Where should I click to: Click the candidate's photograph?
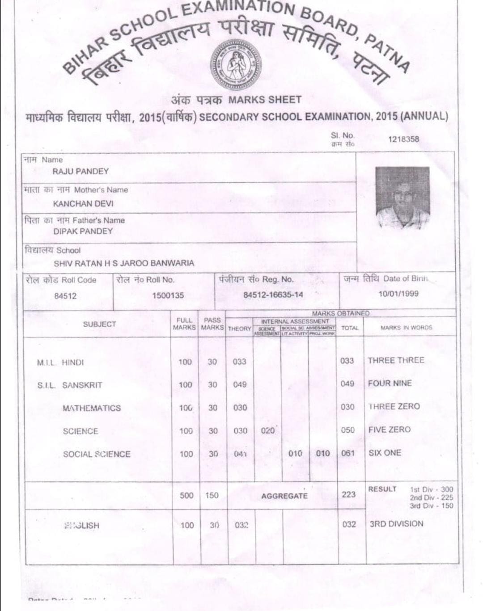[402, 198]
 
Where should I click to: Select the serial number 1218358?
[403, 139]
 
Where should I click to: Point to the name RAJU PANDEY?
[80, 171]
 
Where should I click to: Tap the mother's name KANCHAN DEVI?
[83, 203]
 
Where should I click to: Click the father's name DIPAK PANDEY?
[83, 231]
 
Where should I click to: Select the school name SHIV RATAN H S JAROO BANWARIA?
[124, 263]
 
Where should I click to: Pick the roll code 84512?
[65, 296]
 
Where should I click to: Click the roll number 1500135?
[168, 295]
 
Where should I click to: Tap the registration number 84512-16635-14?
[273, 295]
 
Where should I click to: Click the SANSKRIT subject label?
[82, 385]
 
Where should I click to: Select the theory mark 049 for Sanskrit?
[240, 384]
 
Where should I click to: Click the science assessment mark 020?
[267, 430]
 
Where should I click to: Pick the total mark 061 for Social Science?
[347, 453]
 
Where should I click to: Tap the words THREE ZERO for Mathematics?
[394, 406]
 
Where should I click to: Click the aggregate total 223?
[348, 494]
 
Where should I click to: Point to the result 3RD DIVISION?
[396, 524]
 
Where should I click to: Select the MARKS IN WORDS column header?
[406, 328]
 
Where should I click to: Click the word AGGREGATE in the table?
[284, 496]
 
